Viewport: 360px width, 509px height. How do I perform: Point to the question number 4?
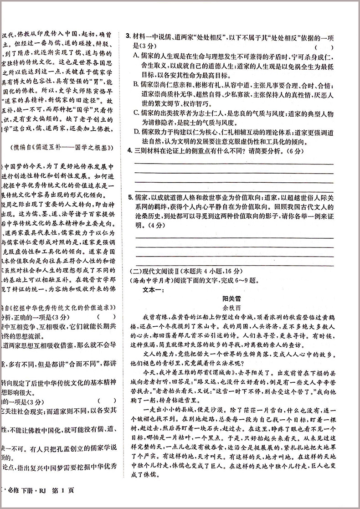[129, 151]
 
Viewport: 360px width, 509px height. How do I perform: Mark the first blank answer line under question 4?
[232, 164]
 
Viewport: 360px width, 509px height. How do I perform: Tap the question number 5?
[129, 197]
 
